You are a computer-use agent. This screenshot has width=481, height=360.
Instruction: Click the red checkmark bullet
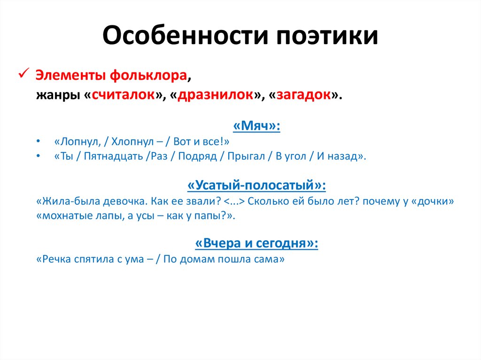click(23, 74)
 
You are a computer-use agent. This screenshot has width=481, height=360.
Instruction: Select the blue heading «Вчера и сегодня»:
click(256, 244)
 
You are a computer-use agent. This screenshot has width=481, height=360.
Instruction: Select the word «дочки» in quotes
click(433, 201)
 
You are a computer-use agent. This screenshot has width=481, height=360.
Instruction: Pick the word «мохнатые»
click(62, 216)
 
